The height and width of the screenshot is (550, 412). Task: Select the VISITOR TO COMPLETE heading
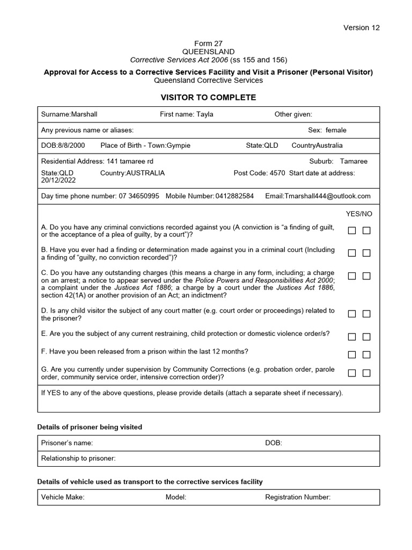click(209, 97)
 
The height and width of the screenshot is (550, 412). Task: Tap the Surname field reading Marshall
click(69, 114)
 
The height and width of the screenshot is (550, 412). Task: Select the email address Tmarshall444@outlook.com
click(318, 196)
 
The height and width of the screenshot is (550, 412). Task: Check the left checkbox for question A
click(352, 231)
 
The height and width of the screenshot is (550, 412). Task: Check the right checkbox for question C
click(366, 276)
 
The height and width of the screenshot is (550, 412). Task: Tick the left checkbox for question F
click(352, 354)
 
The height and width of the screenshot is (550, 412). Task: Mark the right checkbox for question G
click(366, 373)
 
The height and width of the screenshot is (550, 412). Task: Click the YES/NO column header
click(359, 214)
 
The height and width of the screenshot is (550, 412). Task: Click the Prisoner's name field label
click(67, 443)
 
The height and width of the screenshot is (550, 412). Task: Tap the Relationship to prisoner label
click(78, 458)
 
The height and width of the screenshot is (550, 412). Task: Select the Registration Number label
click(298, 497)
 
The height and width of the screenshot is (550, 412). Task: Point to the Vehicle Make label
click(63, 497)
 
